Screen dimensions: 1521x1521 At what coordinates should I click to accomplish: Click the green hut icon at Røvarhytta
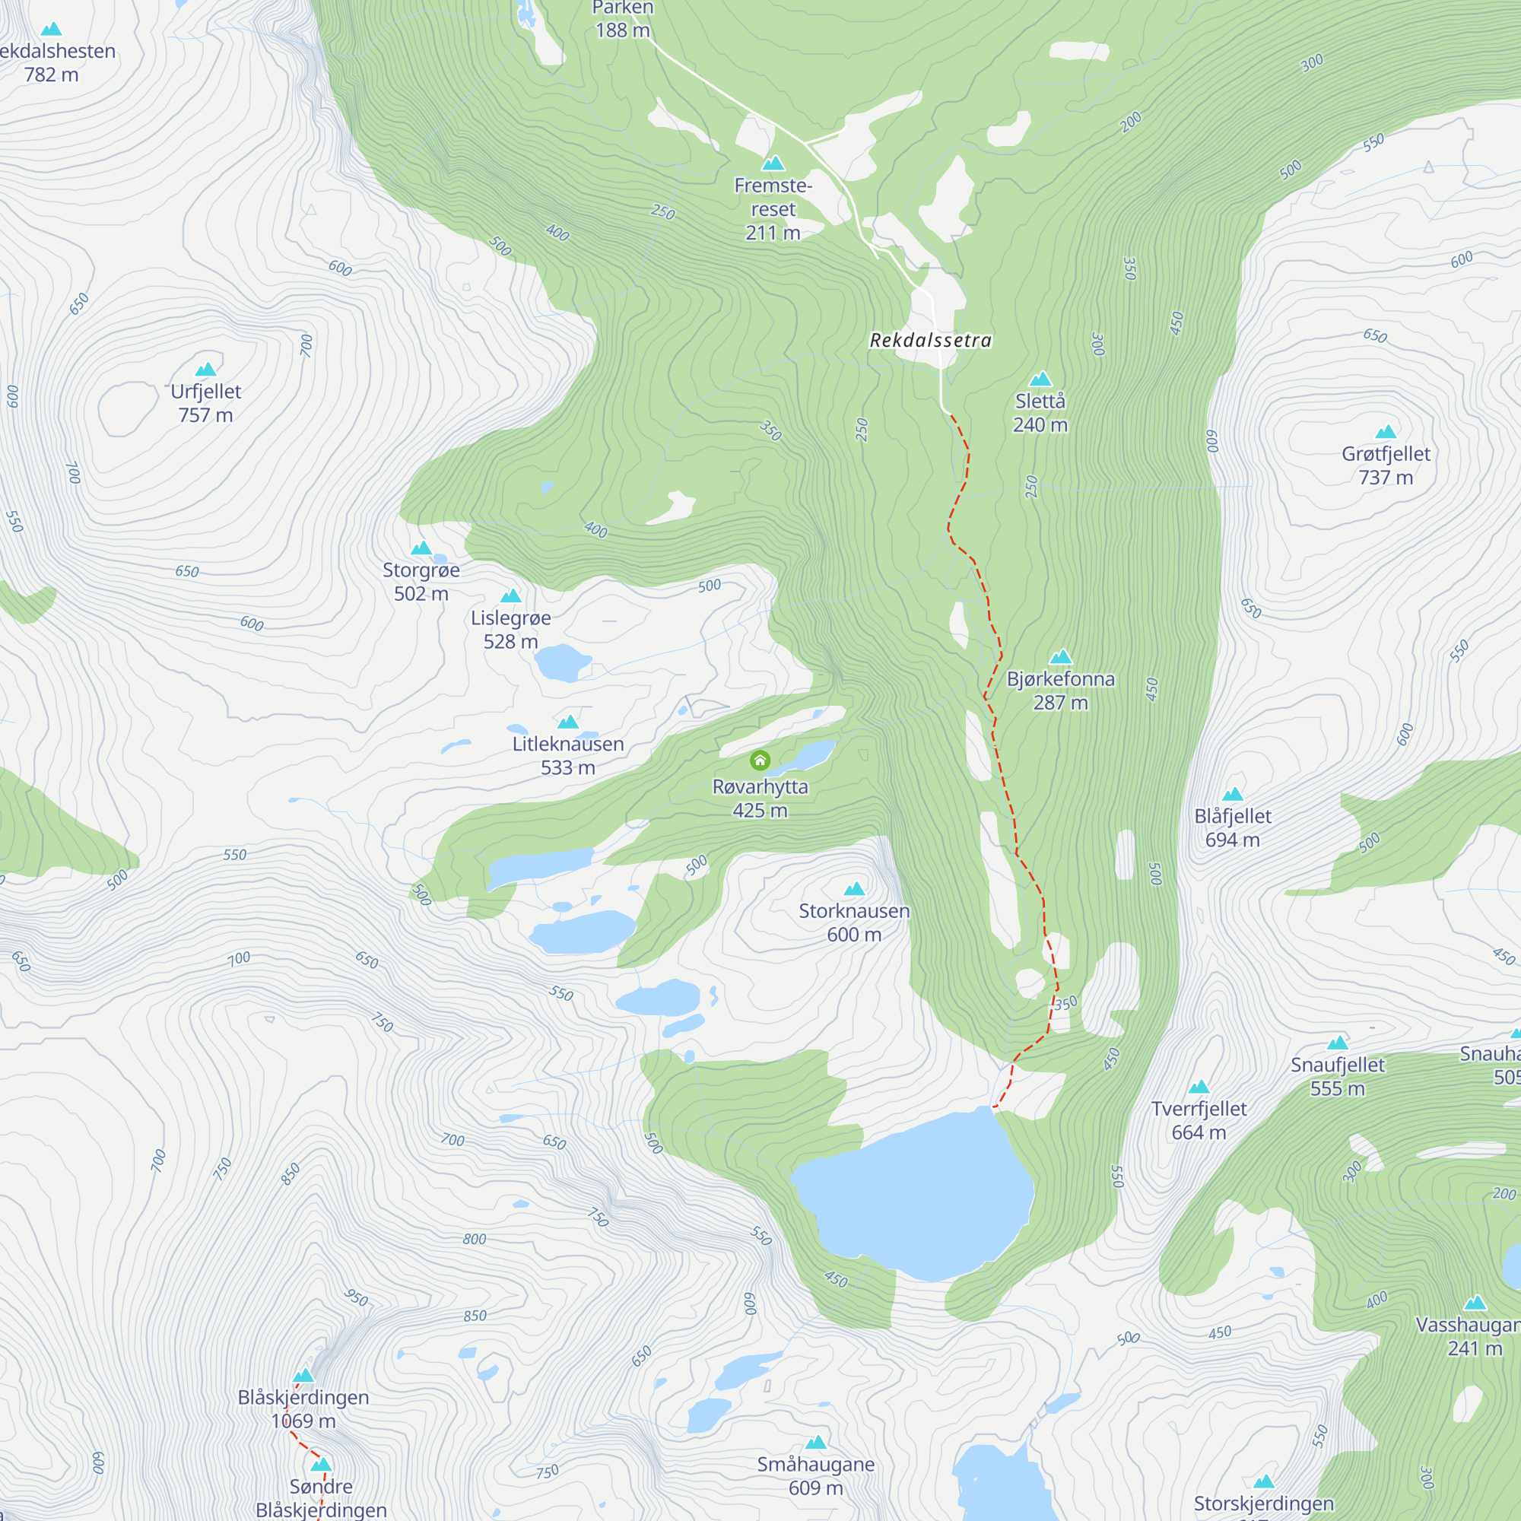(x=760, y=760)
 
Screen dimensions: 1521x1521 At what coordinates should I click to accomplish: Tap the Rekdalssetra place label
(x=931, y=340)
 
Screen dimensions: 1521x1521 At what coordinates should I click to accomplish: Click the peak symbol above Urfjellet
(x=205, y=370)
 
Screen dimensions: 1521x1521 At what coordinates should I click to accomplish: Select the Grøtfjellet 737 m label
(x=1386, y=465)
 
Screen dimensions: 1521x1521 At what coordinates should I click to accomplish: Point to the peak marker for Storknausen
(x=854, y=889)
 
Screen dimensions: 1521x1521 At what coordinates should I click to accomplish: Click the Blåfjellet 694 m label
(x=1233, y=827)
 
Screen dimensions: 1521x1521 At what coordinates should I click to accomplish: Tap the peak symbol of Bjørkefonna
(x=1060, y=656)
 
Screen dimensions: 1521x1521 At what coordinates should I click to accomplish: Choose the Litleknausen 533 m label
(x=567, y=755)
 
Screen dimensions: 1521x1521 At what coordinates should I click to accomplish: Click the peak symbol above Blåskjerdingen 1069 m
(x=304, y=1375)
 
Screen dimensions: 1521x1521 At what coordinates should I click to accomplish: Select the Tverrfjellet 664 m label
(x=1199, y=1120)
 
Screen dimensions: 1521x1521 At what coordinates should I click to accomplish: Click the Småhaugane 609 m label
(x=815, y=1476)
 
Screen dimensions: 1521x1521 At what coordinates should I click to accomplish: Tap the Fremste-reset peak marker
(x=773, y=163)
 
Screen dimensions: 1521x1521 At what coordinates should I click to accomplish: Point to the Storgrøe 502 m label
(x=421, y=581)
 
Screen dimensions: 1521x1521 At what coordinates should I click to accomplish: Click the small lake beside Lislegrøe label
(x=562, y=662)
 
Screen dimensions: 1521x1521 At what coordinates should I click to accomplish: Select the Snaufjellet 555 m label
(x=1338, y=1076)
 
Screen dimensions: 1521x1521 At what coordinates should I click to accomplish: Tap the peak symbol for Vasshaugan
(x=1475, y=1303)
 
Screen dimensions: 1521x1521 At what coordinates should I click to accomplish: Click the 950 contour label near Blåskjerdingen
(x=357, y=1297)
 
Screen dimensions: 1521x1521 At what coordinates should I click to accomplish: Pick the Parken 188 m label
(x=623, y=20)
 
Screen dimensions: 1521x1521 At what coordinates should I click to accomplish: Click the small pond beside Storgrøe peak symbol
(x=440, y=559)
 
